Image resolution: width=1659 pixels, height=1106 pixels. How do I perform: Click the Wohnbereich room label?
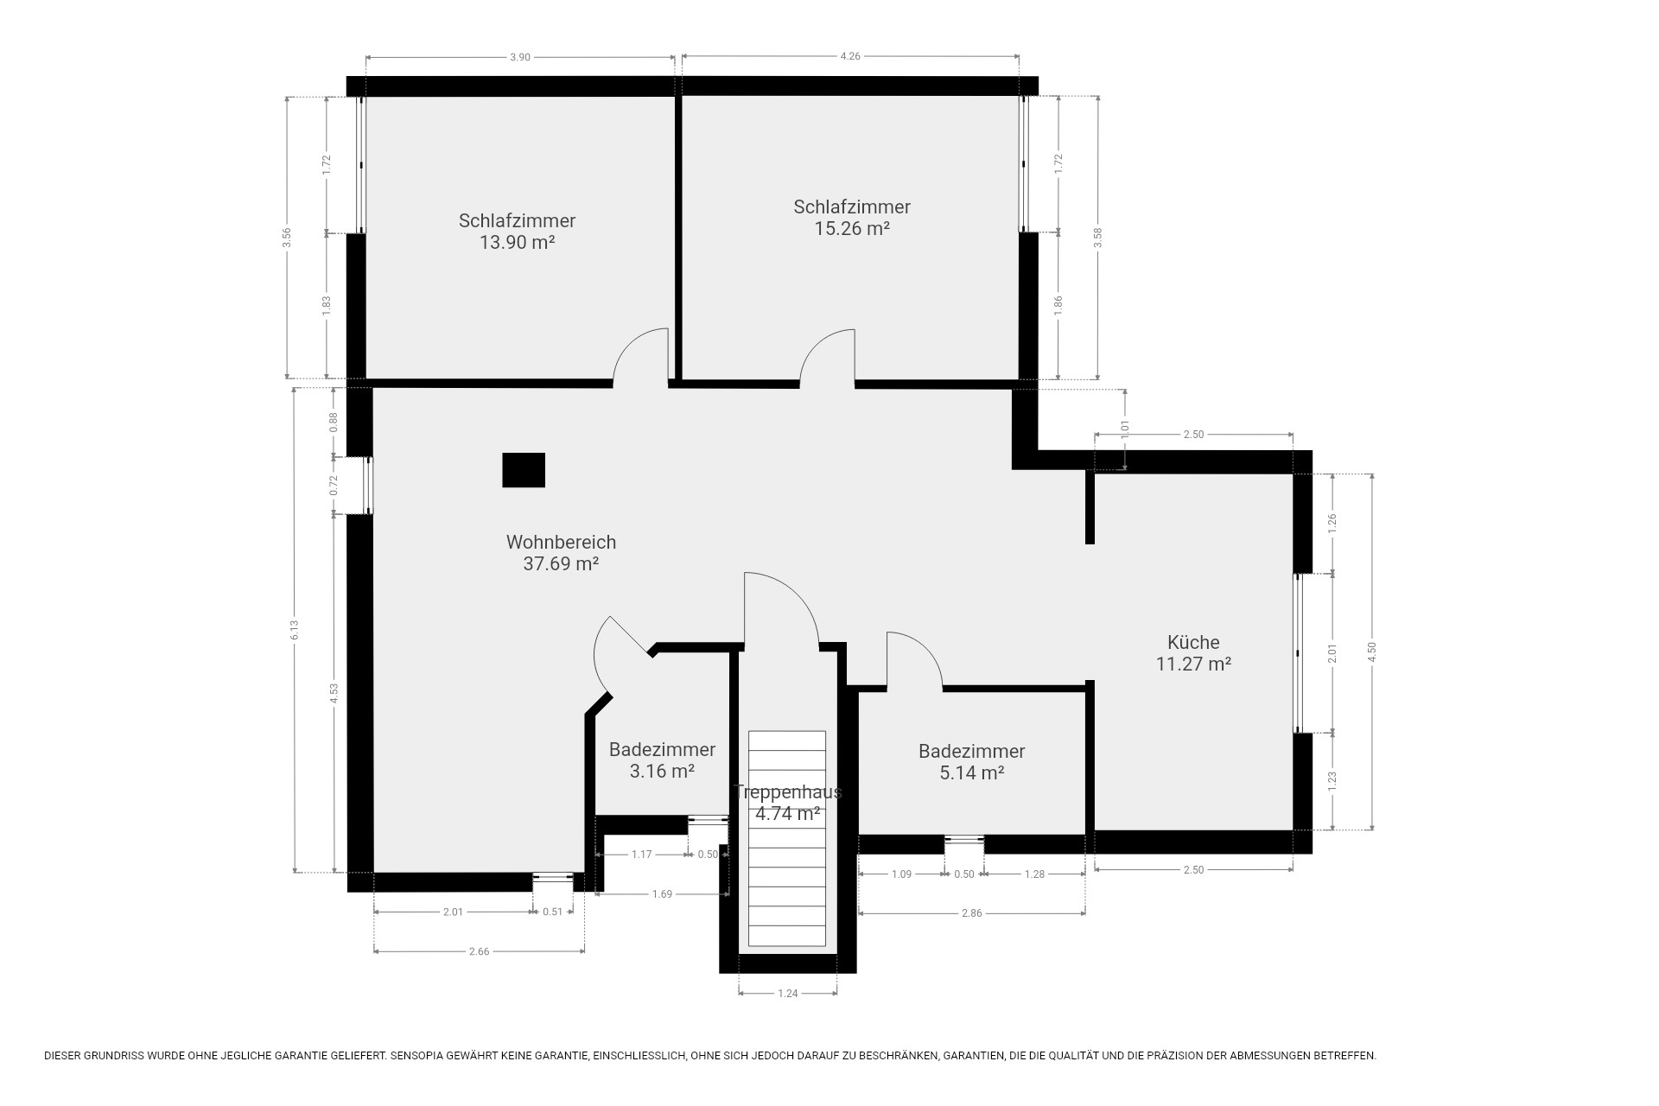pos(561,543)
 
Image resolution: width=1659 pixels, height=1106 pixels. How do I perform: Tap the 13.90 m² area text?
pos(517,243)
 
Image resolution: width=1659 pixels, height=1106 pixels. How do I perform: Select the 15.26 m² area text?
pos(852,229)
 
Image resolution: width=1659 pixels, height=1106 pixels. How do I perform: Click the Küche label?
pos(1193,642)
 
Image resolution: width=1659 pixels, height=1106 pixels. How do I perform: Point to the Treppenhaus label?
pos(787,792)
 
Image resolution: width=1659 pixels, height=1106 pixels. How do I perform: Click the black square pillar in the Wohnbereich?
pos(524,470)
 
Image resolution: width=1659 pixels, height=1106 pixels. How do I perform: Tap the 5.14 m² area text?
pos(972,773)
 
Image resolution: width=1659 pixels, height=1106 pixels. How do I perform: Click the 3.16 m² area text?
pos(663,772)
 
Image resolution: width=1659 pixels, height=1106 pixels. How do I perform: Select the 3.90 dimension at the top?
pos(519,57)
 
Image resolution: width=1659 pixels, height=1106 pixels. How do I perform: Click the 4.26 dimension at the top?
pos(850,57)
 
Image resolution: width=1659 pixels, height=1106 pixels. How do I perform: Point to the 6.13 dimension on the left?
pos(295,631)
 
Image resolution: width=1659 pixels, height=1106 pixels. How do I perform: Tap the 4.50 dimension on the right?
pos(1371,652)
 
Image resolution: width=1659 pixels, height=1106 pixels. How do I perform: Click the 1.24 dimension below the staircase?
pos(787,994)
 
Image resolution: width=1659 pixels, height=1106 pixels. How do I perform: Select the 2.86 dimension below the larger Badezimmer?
pos(972,913)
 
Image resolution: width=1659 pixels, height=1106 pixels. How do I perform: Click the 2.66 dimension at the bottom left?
pos(479,951)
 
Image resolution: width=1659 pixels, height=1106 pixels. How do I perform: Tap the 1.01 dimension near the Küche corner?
pos(1125,429)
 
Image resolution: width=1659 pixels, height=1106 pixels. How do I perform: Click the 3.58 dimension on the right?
pos(1097,238)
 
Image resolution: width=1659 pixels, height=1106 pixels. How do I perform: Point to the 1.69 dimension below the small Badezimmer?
pos(662,894)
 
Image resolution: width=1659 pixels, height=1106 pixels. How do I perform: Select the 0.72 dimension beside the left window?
pos(334,486)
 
